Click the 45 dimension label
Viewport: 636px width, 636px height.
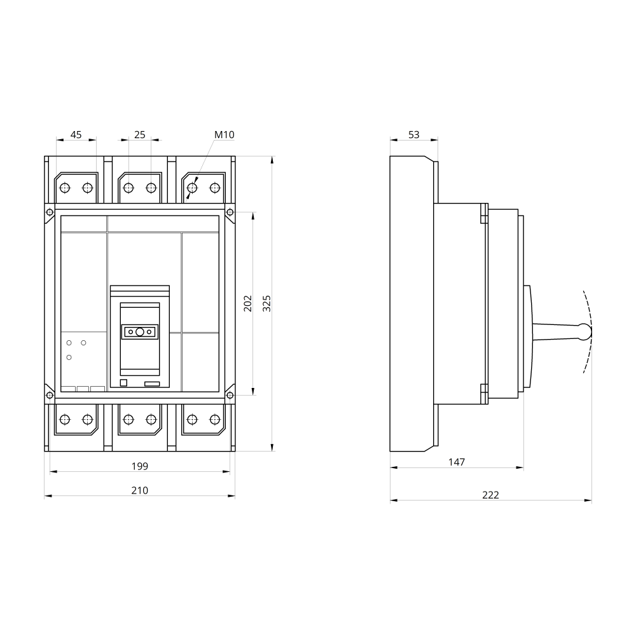76,135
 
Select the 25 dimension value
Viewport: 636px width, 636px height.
139,135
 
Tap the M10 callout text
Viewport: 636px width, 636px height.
225,135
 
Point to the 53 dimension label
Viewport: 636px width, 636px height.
414,135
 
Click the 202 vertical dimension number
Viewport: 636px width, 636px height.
248,303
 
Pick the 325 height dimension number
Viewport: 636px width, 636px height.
266,303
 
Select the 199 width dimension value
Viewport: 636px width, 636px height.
139,466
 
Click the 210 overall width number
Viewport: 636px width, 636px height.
139,490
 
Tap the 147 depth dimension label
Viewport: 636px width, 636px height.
456,462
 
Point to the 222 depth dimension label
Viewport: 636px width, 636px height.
490,495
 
